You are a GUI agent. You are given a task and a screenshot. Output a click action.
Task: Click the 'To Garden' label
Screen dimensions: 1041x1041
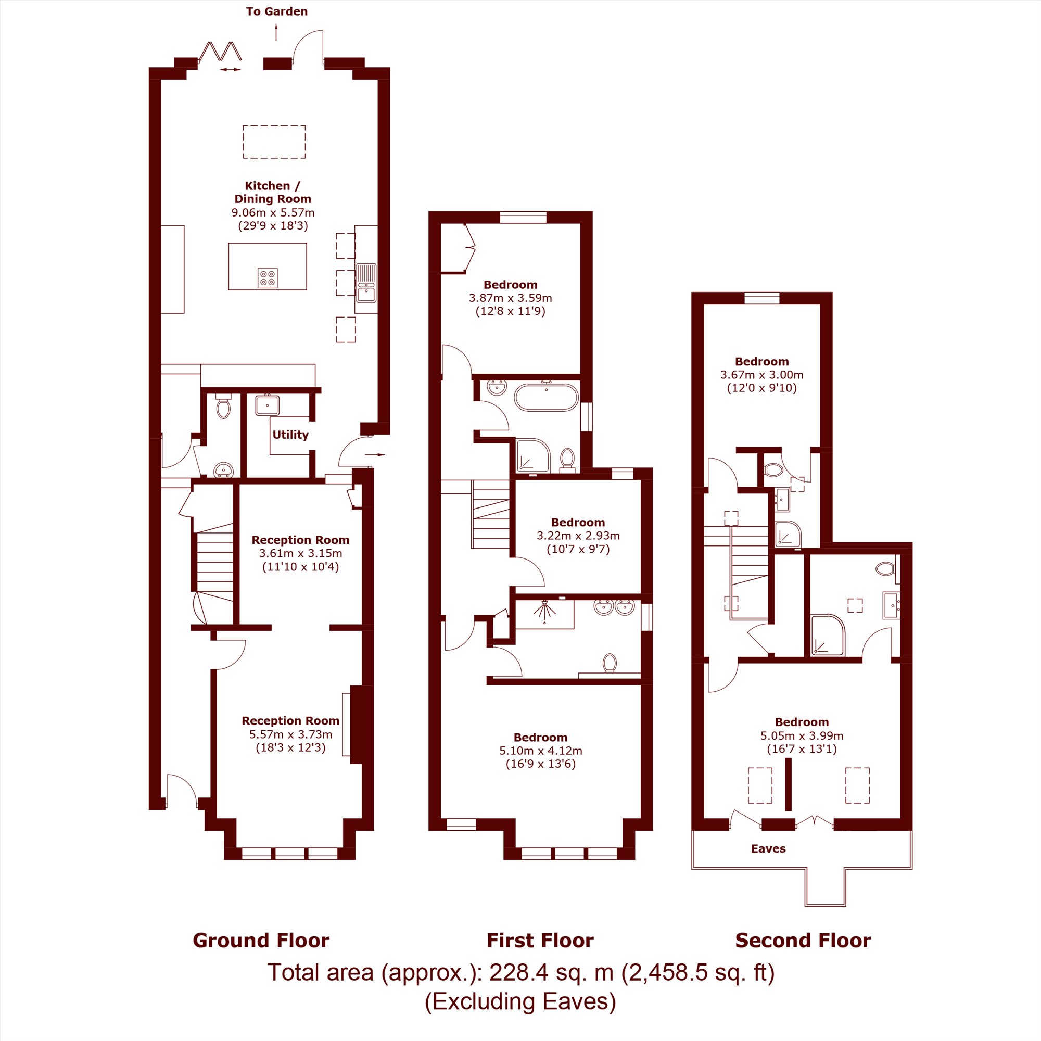(276, 11)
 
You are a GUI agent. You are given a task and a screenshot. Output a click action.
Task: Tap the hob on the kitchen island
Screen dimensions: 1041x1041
(268, 278)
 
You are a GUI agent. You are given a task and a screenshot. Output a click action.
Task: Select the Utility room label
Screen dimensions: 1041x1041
(290, 435)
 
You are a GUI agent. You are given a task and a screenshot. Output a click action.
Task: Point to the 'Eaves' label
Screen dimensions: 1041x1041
(768, 848)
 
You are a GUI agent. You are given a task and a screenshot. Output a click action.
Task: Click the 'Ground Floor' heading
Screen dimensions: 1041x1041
(261, 940)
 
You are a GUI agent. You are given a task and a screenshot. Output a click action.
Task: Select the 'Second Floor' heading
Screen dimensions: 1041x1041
(803, 940)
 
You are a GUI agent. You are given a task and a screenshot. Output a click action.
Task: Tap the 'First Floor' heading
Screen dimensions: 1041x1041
(540, 940)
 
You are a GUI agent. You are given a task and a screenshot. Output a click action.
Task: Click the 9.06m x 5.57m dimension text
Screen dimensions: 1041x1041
(273, 212)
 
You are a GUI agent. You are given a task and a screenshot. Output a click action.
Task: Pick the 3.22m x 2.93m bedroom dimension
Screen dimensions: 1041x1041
(578, 536)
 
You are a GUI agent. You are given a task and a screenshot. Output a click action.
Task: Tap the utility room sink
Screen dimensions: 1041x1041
(267, 404)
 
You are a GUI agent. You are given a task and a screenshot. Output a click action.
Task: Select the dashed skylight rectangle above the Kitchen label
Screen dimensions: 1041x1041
(274, 142)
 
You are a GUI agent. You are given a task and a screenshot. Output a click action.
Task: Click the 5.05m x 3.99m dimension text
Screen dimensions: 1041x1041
(802, 735)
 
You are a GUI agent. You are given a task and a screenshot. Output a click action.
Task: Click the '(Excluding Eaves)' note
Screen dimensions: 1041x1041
(520, 1001)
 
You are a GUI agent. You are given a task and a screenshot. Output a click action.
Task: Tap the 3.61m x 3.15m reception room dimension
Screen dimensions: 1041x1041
(300, 553)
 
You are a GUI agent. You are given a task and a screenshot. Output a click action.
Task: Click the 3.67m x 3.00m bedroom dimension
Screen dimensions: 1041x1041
(761, 374)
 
